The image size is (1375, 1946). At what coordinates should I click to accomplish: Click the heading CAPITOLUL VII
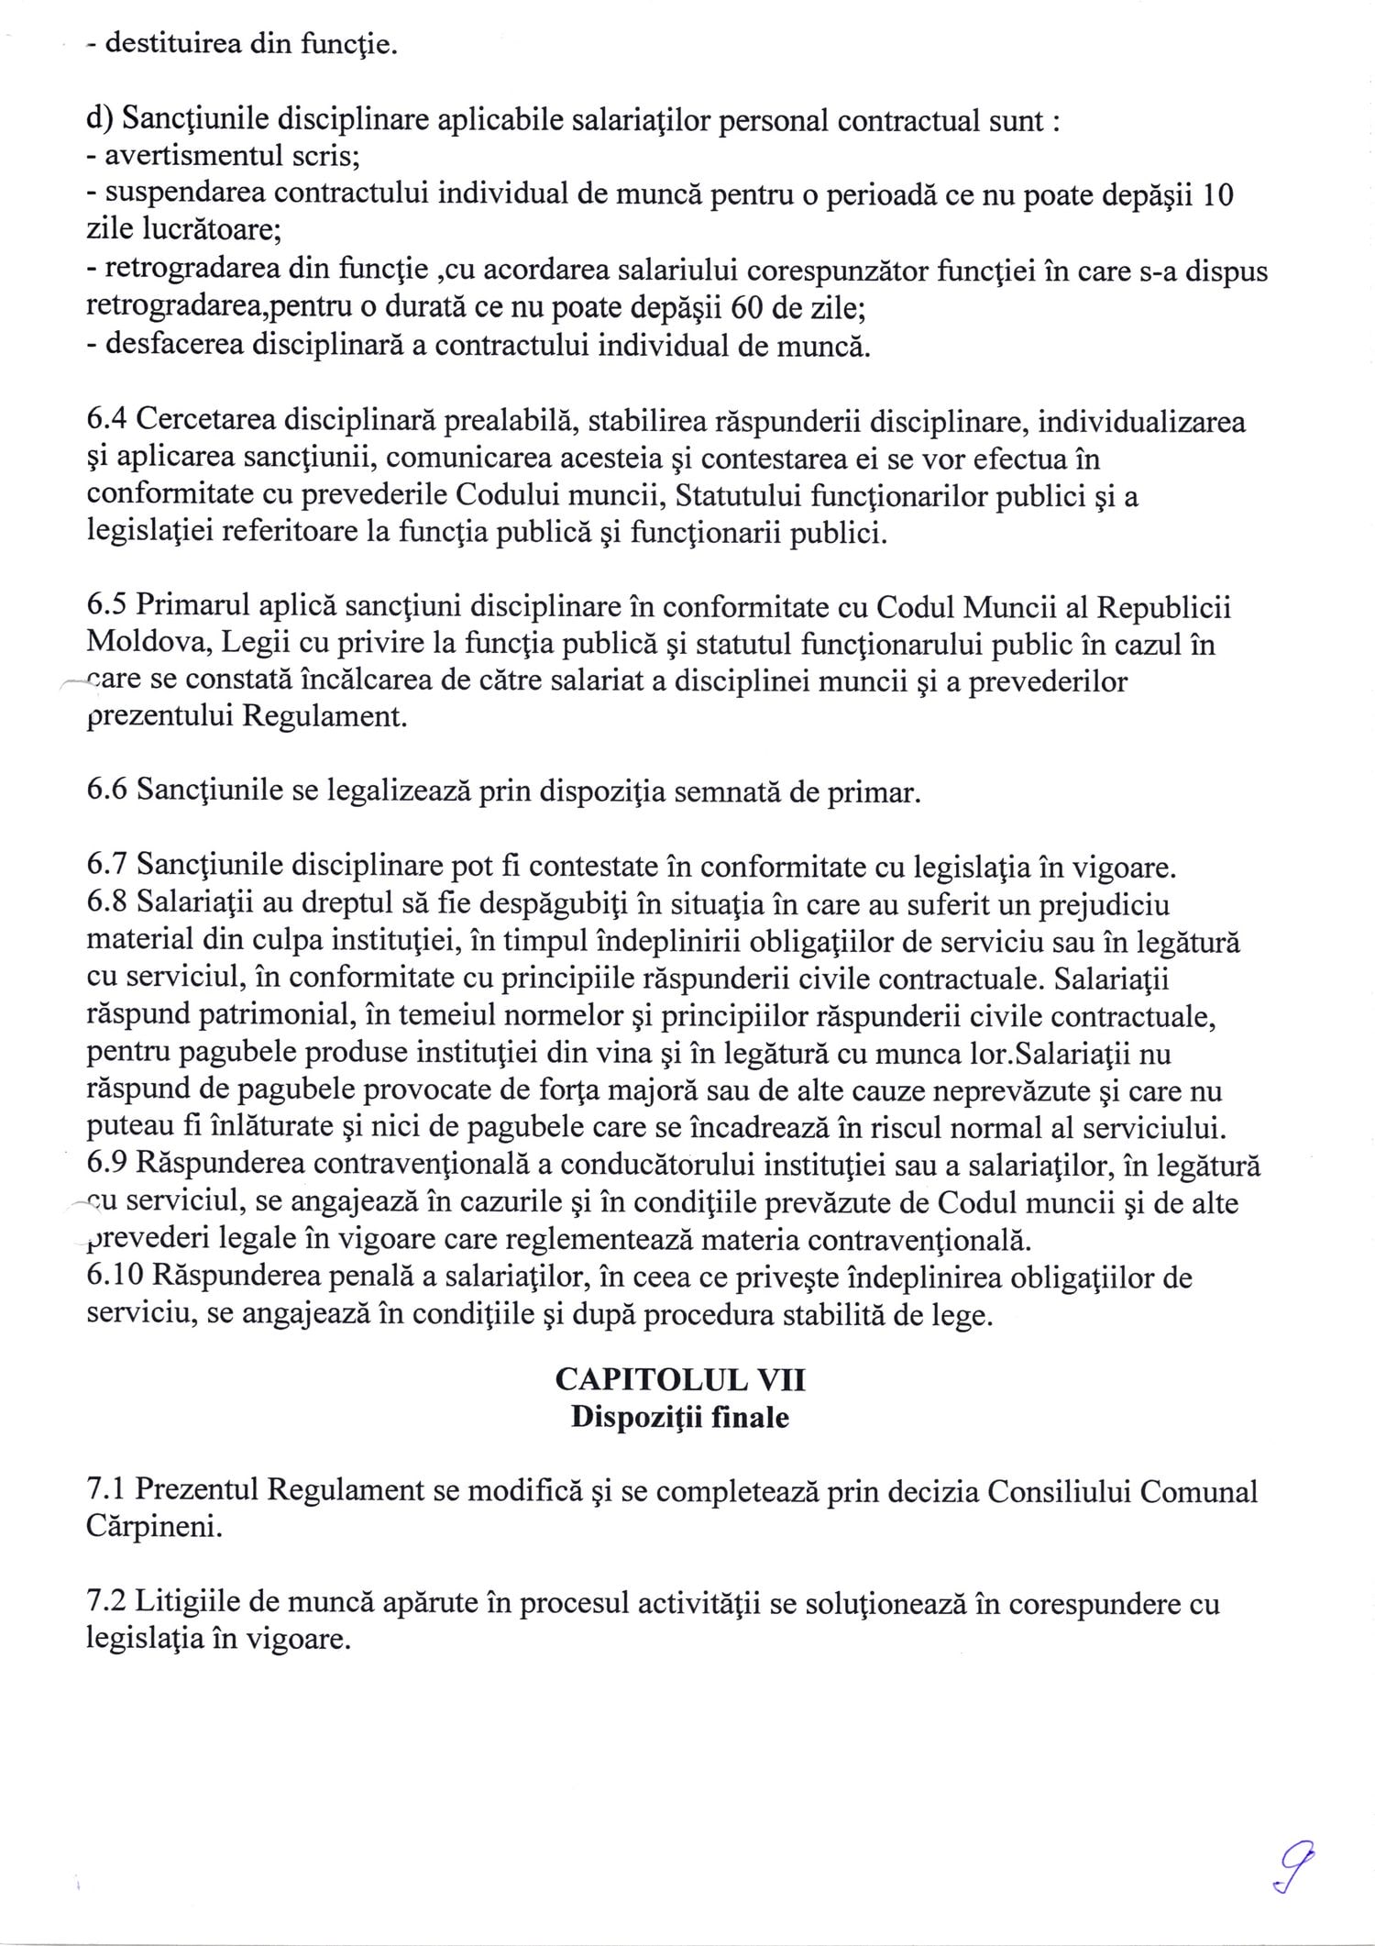pos(679,1380)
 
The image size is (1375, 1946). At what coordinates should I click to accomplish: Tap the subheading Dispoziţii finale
pos(679,1418)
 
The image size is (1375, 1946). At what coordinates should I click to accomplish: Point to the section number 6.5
pos(107,607)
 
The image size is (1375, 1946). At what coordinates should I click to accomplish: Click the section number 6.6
pos(107,791)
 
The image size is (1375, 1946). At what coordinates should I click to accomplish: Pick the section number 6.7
pos(107,866)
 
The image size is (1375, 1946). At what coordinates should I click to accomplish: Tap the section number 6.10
pos(115,1277)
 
